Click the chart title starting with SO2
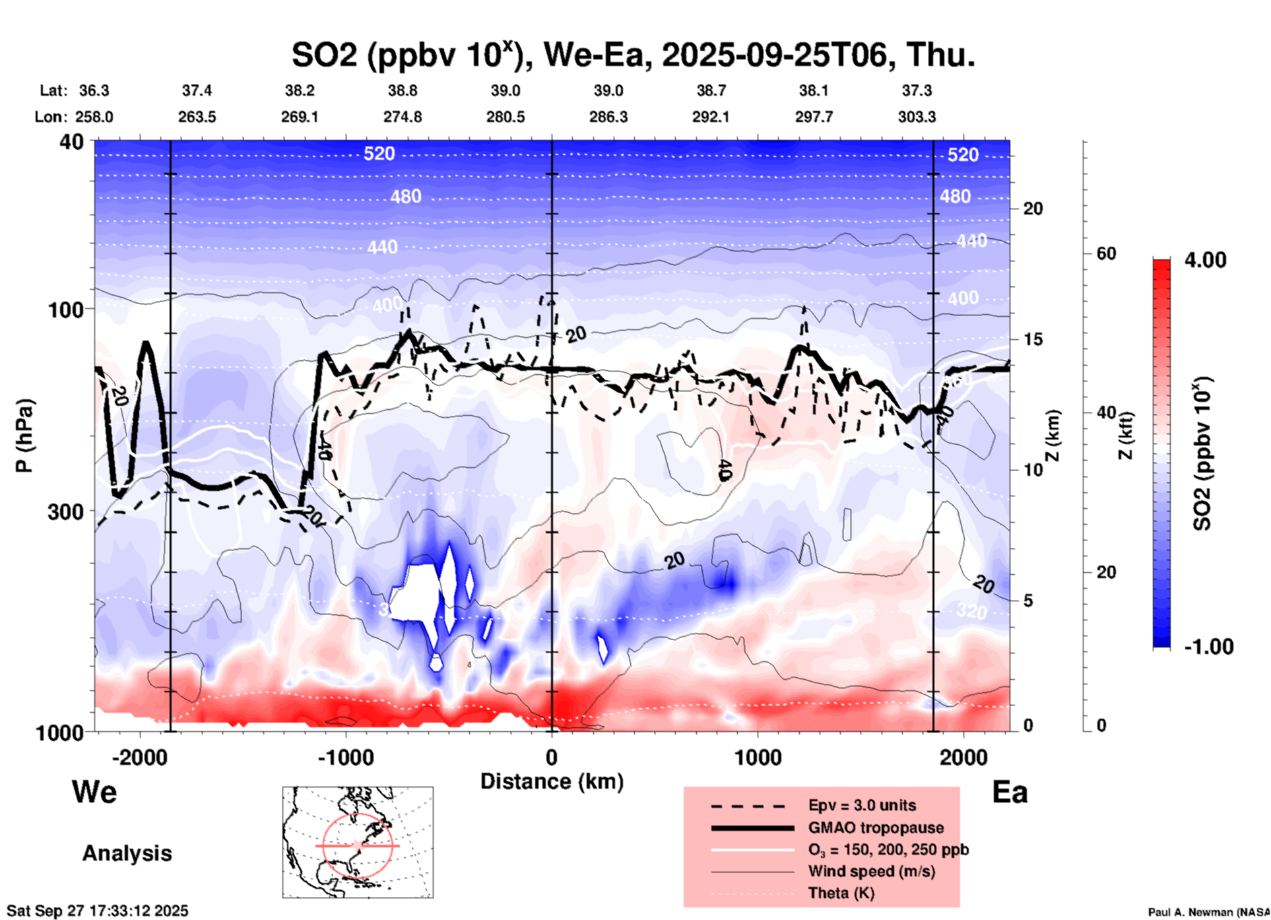coord(633,55)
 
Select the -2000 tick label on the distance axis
coord(139,757)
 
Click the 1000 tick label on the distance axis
coord(758,757)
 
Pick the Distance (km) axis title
coord(552,781)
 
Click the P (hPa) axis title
coord(24,436)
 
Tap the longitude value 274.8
coord(403,117)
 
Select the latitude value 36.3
coord(94,90)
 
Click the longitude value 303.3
coord(917,117)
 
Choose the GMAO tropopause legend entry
coord(876,828)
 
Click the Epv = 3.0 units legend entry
coord(862,805)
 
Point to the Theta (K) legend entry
coord(841,893)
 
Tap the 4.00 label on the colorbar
coord(1205,259)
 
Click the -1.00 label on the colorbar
coord(1208,646)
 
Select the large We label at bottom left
coord(94,791)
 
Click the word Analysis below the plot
coord(127,853)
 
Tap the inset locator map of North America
coord(358,842)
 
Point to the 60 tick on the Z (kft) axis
coord(1106,253)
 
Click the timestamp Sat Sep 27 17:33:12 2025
coord(97,911)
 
